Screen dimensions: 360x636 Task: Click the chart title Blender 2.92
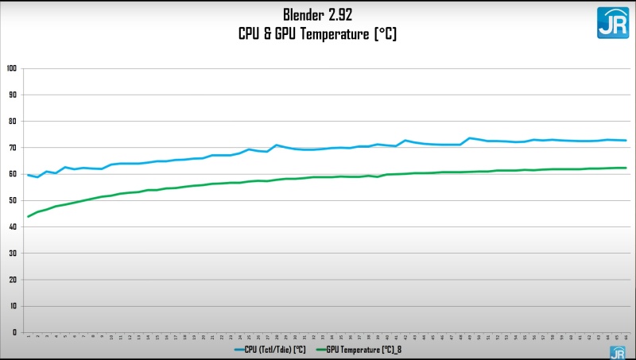click(317, 15)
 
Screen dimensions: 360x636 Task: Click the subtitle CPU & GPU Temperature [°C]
click(317, 33)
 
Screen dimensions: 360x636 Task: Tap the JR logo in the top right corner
click(612, 23)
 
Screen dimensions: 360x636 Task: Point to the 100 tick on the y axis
click(11, 68)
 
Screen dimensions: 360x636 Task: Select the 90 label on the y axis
click(13, 95)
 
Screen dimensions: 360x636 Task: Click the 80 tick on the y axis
click(13, 121)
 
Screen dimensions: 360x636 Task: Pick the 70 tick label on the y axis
click(13, 148)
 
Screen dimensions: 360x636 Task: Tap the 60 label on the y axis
click(13, 174)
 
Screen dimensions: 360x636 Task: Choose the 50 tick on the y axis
click(13, 200)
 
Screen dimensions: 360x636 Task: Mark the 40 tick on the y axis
click(13, 226)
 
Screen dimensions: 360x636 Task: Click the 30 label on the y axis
click(13, 253)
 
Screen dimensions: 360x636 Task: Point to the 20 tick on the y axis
click(13, 279)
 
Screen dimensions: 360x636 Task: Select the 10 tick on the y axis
click(13, 306)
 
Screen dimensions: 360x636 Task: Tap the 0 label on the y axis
click(14, 332)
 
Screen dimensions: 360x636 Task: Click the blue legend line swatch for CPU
click(242, 348)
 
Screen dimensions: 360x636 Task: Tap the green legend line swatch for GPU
click(323, 348)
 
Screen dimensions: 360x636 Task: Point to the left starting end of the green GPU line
click(29, 216)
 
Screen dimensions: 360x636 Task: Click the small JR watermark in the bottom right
click(617, 352)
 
